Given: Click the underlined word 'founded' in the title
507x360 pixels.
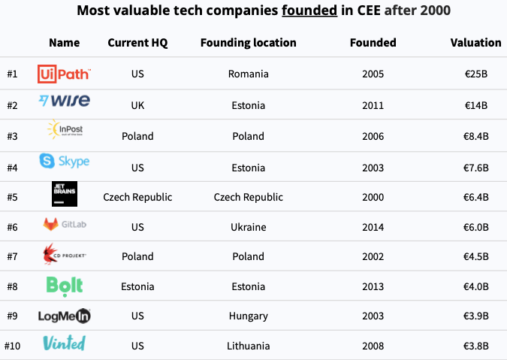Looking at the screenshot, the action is [x=309, y=11].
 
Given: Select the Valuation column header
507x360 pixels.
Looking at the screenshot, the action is [x=475, y=43].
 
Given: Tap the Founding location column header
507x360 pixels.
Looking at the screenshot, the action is [x=249, y=43].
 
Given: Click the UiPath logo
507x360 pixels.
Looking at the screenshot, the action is [x=64, y=74].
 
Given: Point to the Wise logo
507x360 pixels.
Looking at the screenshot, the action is [x=65, y=101].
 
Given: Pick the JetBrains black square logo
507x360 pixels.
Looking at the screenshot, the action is [x=65, y=194].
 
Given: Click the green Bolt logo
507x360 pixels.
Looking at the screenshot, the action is [x=65, y=286].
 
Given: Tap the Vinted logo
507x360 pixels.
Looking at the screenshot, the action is [x=65, y=343].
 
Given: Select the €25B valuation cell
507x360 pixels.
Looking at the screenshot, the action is [x=476, y=74].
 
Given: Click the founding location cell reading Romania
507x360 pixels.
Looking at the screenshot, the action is [x=249, y=74].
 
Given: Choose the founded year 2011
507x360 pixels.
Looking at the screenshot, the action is [x=373, y=105].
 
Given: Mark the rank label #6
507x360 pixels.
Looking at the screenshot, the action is [x=12, y=227].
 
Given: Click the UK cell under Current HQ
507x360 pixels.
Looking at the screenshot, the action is [x=137, y=105].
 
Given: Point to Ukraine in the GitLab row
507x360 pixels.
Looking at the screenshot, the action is [x=249, y=227].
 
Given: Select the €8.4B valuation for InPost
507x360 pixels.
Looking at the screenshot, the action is [x=476, y=136].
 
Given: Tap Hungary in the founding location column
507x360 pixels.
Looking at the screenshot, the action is [x=249, y=316].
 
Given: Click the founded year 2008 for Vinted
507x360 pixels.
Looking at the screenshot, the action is [x=373, y=346].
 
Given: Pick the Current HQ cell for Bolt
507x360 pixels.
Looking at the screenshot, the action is [x=137, y=286].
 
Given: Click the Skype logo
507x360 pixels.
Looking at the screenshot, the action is [x=65, y=161].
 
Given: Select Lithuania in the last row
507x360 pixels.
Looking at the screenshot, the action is [x=249, y=346].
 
